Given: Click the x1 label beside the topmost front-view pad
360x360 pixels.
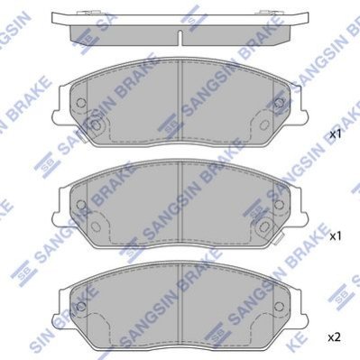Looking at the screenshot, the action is click(x=336, y=134).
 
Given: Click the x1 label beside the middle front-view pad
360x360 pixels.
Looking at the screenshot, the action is click(x=336, y=236).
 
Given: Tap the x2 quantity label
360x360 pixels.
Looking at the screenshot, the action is click(x=334, y=337).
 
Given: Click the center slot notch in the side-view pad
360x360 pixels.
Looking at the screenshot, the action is click(x=180, y=38).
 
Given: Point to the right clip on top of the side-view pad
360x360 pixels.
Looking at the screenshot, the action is click(x=266, y=13).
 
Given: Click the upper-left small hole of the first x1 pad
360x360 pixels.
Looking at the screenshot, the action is click(x=81, y=103).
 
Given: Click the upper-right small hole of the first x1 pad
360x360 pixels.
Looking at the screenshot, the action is click(x=279, y=103).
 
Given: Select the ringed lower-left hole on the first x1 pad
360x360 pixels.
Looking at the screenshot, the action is click(x=96, y=125).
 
